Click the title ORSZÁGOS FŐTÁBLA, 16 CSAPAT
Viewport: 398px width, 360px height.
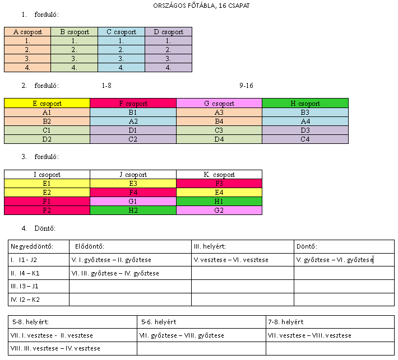tap(201, 6)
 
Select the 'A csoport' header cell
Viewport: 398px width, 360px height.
tap(27, 32)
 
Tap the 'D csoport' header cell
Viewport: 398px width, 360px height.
tap(169, 32)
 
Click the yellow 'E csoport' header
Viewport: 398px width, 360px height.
tap(47, 103)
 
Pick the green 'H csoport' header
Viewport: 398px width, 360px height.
tap(305, 103)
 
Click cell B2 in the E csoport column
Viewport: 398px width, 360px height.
tap(47, 121)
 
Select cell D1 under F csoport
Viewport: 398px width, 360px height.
tap(133, 130)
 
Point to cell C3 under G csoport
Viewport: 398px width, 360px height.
tap(219, 130)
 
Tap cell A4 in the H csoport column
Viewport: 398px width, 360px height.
tap(305, 121)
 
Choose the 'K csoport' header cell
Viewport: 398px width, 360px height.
tap(219, 175)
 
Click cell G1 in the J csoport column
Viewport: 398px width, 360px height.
tap(133, 202)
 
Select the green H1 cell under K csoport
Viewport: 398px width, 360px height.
tap(219, 202)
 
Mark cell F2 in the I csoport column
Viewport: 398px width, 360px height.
tap(47, 210)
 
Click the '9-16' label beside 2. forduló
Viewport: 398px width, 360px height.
tap(246, 86)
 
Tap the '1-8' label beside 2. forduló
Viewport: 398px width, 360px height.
tap(107, 86)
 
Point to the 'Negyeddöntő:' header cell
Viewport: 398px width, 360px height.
tap(39, 246)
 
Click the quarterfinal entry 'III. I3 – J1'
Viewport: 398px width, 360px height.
tap(24, 286)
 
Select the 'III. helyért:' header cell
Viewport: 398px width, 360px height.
tap(243, 246)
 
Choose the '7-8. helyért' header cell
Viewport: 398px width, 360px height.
tap(330, 322)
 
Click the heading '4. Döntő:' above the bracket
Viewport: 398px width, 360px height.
tap(39, 228)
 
